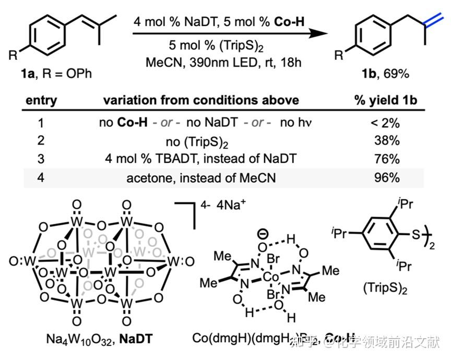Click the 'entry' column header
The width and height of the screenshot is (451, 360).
tap(41, 100)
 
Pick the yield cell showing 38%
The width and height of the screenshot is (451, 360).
tap(387, 141)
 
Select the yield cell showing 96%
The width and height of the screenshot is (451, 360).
tap(387, 177)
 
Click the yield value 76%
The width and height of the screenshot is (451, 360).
tap(387, 159)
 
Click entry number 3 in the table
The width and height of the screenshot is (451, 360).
tap(42, 159)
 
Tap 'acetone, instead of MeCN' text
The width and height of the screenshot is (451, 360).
tap(201, 177)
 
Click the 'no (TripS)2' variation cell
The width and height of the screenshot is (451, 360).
tap(201, 141)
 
